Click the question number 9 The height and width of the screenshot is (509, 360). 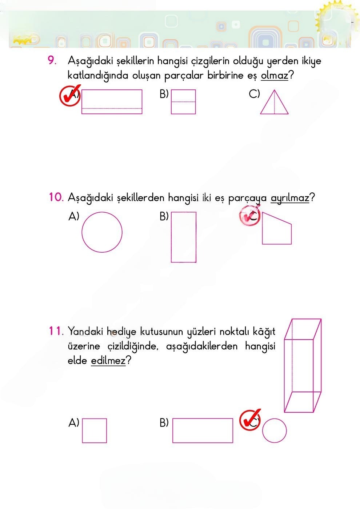[52, 61]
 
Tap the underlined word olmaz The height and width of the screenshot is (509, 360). [274, 76]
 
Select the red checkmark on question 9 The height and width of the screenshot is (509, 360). [69, 96]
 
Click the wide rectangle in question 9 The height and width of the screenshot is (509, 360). [112, 102]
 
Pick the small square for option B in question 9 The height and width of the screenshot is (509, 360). [183, 102]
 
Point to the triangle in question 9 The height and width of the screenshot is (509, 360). [274, 103]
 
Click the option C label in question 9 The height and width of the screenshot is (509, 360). [254, 94]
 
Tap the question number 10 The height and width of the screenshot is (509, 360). [56, 197]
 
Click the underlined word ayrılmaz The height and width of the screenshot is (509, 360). [290, 198]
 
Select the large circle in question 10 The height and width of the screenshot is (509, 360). [102, 232]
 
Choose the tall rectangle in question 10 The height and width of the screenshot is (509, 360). [184, 237]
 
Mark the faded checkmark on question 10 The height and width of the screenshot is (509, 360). [249, 216]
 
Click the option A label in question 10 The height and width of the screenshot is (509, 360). [73, 216]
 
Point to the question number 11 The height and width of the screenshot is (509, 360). [56, 331]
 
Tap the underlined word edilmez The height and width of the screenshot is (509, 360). [108, 361]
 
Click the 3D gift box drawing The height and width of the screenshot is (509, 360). [303, 365]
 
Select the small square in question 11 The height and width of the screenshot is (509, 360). [94, 430]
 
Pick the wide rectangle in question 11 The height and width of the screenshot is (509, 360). [203, 430]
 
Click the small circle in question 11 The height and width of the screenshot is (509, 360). [274, 430]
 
